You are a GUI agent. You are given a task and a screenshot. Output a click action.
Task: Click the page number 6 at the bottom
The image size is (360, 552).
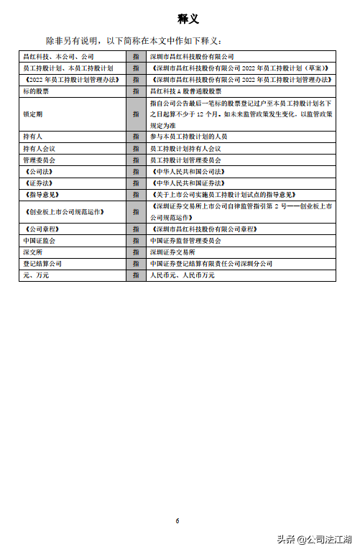(178, 520)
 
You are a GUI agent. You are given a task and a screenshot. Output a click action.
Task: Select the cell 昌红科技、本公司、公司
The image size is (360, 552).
(58, 56)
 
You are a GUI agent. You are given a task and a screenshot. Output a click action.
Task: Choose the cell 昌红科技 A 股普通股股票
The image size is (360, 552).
(185, 91)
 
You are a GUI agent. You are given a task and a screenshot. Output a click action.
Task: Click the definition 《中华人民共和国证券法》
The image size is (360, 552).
(189, 183)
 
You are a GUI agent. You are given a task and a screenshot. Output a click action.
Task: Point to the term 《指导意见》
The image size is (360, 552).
(42, 195)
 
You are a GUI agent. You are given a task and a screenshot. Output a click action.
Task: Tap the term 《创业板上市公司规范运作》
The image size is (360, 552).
(65, 211)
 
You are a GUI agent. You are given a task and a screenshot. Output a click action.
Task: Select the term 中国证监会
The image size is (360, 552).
(39, 240)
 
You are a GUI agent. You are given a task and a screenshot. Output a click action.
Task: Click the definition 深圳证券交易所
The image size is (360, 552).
(172, 252)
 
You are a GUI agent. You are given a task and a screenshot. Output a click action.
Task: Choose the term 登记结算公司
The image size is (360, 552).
(42, 264)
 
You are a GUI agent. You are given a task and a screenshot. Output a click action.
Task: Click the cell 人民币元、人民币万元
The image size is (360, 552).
(182, 275)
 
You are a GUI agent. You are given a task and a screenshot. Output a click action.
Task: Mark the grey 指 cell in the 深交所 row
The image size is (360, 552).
(136, 252)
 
